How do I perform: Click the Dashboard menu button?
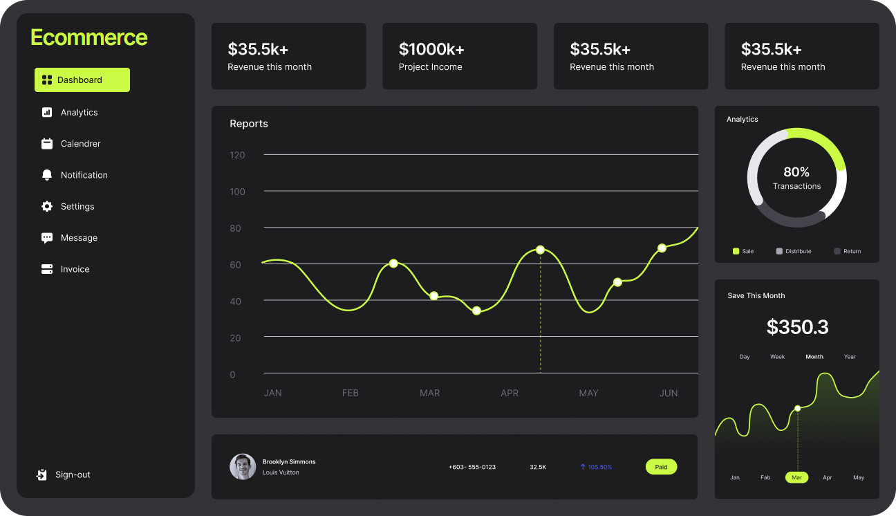click(82, 80)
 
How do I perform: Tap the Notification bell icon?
click(47, 175)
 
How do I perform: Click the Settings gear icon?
click(47, 206)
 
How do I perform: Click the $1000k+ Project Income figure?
click(431, 49)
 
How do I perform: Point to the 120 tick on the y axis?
click(237, 155)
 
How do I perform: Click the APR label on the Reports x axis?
click(510, 393)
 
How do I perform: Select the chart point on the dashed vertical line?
click(540, 250)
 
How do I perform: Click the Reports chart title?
click(249, 124)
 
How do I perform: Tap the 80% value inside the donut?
click(796, 172)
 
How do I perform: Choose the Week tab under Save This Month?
click(778, 357)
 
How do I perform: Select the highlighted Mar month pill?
click(796, 477)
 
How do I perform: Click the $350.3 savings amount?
click(797, 327)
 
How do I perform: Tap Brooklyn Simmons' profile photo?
click(243, 467)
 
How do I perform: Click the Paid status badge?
click(661, 467)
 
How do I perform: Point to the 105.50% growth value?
click(596, 467)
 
